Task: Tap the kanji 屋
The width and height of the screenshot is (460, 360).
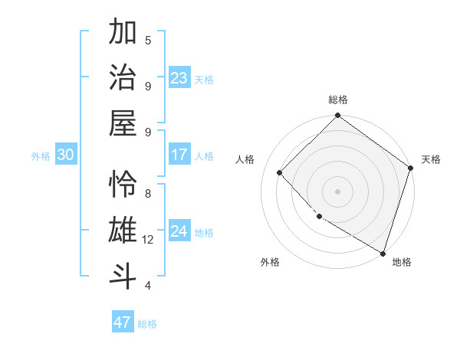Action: [123, 123]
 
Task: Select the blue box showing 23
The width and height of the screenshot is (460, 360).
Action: [179, 77]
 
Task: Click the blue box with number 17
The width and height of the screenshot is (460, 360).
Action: [179, 155]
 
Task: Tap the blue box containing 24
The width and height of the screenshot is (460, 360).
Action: [179, 231]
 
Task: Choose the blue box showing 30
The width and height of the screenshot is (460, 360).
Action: [66, 155]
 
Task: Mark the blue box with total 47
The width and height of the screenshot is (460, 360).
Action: [123, 322]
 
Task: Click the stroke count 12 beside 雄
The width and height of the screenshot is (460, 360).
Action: [149, 240]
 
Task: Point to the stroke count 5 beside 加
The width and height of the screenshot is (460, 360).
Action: [148, 40]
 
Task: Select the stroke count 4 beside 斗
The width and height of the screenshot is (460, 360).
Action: [148, 286]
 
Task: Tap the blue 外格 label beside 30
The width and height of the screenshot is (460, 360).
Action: [41, 156]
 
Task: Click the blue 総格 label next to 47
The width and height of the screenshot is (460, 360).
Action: [147, 324]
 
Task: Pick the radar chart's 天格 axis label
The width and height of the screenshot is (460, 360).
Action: [431, 159]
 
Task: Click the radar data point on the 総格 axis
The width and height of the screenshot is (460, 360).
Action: [337, 116]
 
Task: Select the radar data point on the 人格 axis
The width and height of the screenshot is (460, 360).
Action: [280, 172]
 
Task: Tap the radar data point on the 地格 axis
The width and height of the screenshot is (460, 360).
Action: [382, 252]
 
